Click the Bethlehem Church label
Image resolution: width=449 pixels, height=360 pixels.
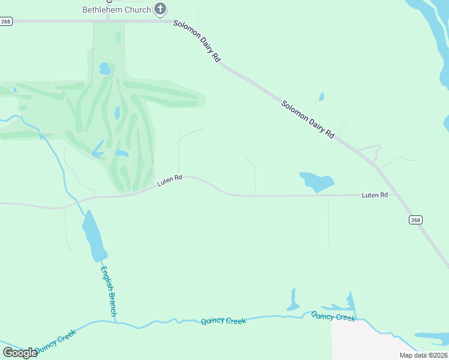pos(116,9)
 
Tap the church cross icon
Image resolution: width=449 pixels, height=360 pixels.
pos(160,8)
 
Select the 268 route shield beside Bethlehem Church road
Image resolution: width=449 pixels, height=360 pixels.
pos(6,21)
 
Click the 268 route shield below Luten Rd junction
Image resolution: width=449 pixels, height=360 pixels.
pos(416,220)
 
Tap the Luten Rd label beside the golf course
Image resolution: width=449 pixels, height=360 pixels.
pos(169,181)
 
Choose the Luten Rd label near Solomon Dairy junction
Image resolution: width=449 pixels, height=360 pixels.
pos(375,195)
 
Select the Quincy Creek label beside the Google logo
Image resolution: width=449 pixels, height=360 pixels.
pos(55,341)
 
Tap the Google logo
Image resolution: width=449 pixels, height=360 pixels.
pos(20,353)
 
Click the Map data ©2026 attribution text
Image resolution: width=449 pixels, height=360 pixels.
pos(423,355)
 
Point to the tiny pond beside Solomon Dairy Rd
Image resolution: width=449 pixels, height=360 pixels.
pos(322,97)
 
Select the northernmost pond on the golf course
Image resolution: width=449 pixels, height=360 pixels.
pos(105,69)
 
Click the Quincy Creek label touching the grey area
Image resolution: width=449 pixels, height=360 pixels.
pos(333,316)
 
